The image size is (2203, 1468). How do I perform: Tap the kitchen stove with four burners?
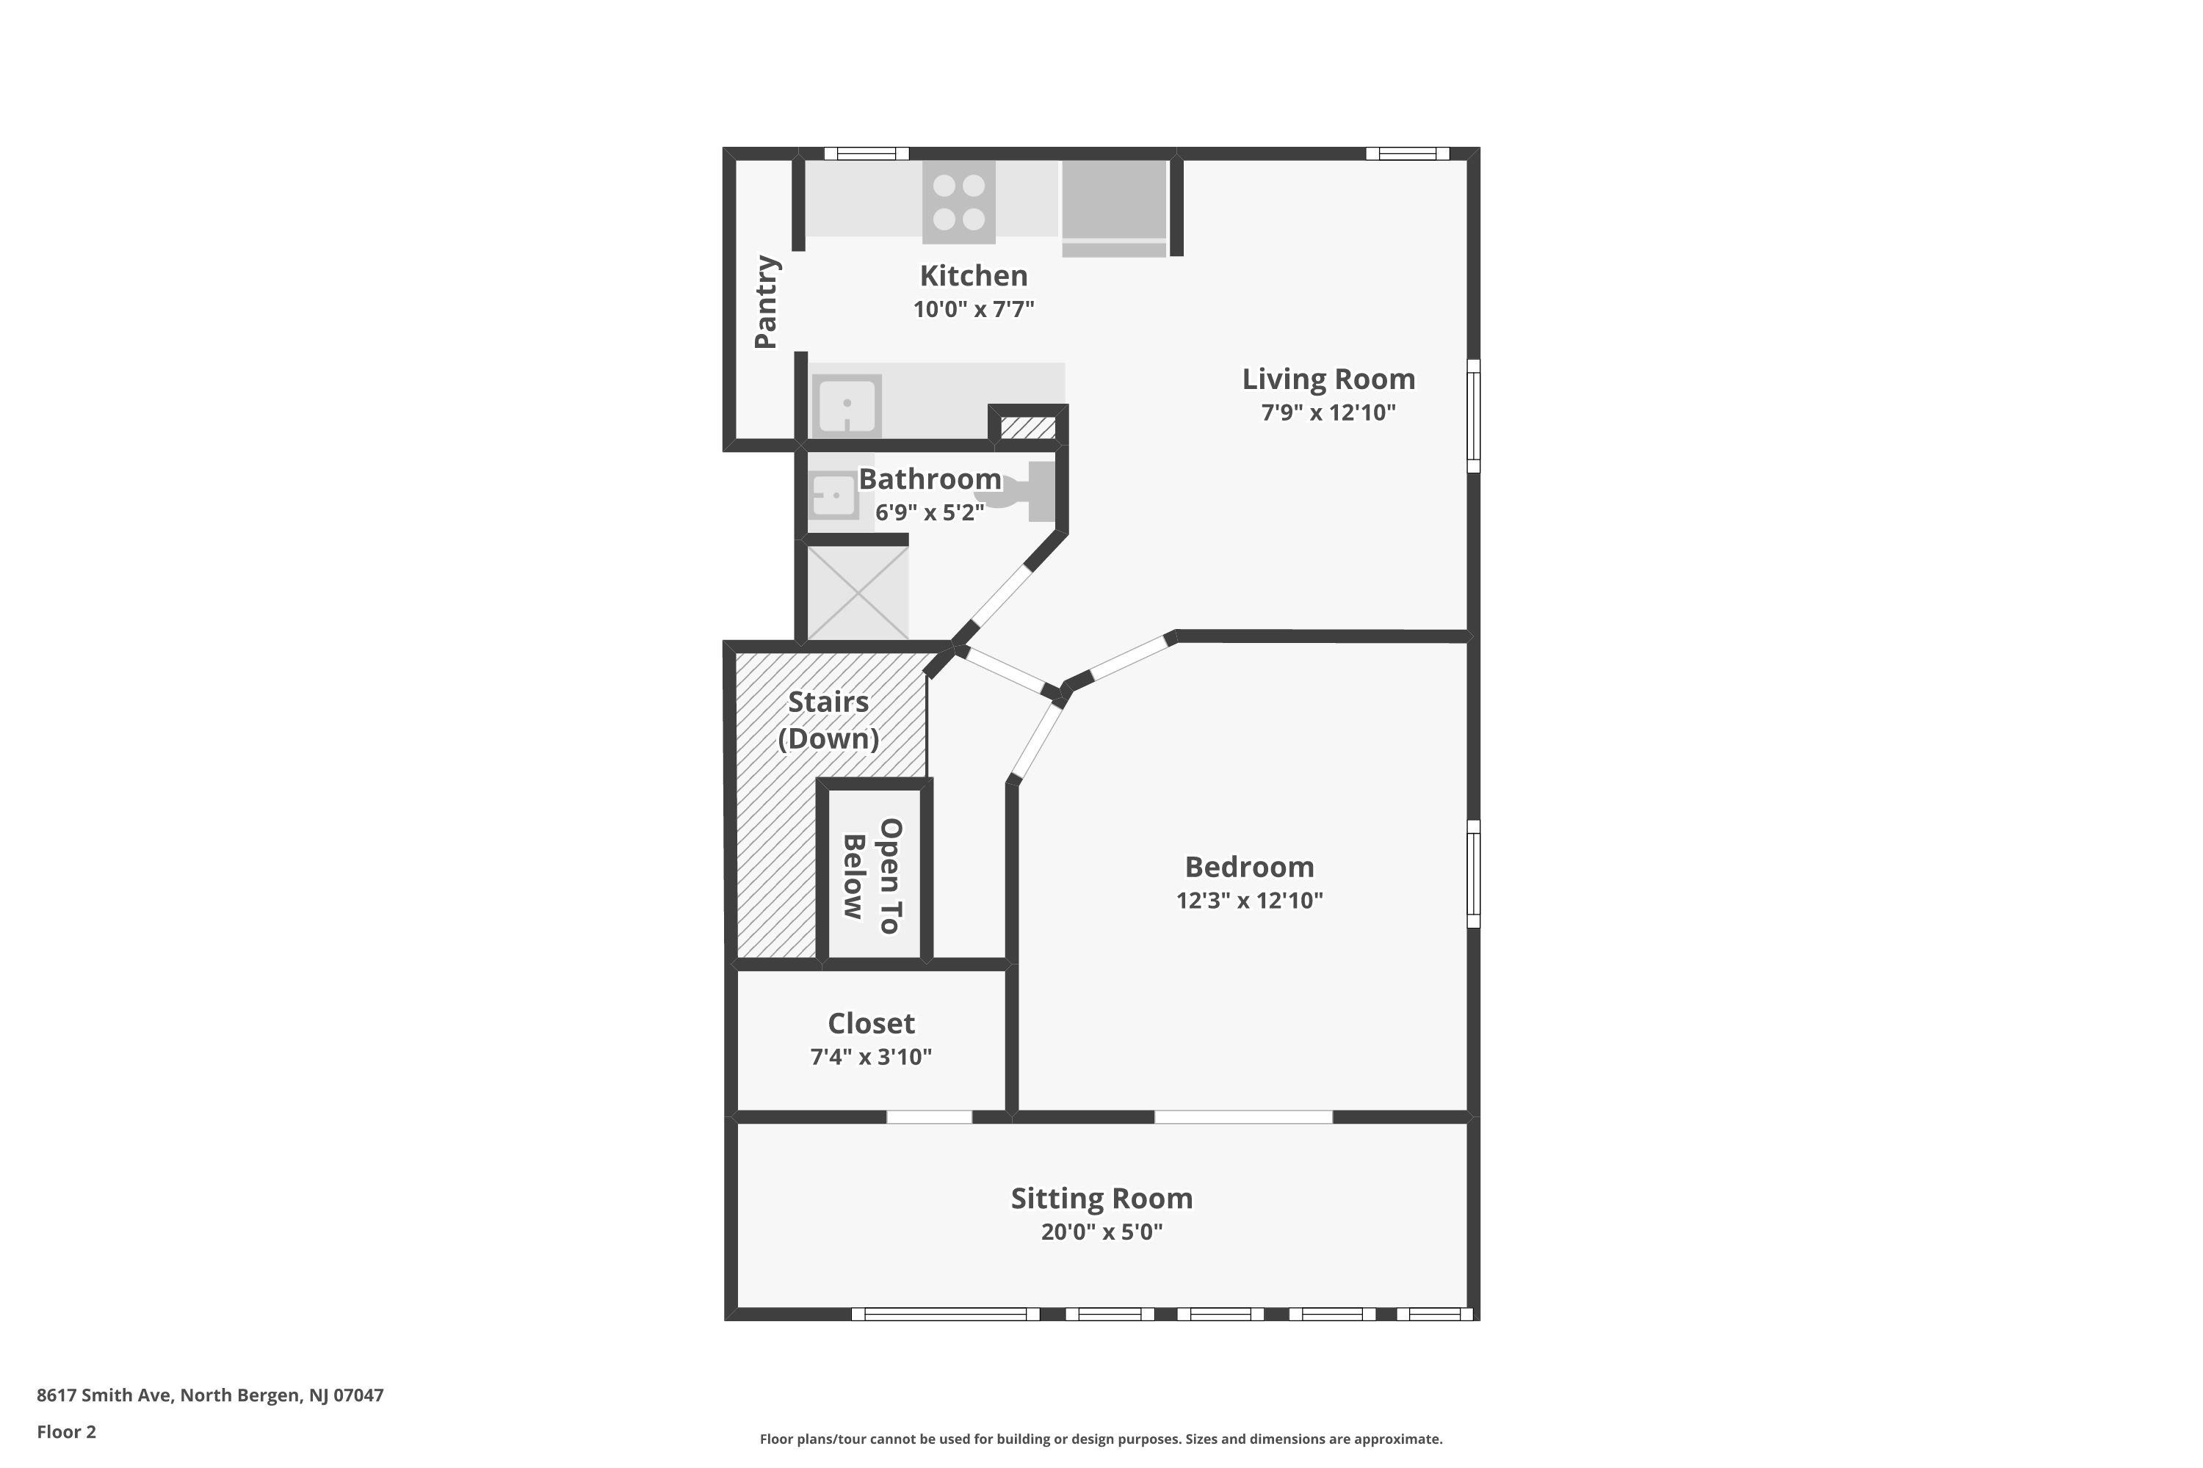click(x=958, y=203)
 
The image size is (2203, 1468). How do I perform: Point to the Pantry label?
click(x=766, y=302)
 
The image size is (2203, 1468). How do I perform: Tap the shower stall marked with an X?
click(x=857, y=592)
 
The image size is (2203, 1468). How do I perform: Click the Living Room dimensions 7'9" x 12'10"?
click(x=1328, y=412)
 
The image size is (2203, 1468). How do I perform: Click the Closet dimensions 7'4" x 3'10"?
click(x=871, y=1056)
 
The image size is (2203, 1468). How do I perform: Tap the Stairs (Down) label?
click(x=829, y=720)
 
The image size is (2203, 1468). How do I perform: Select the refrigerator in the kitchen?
click(x=1114, y=208)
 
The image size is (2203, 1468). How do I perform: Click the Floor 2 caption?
click(x=67, y=1431)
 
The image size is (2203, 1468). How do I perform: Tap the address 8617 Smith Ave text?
click(x=104, y=1395)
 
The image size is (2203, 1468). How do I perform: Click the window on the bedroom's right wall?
click(x=1473, y=873)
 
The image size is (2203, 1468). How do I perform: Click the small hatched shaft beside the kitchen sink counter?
click(x=1029, y=428)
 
